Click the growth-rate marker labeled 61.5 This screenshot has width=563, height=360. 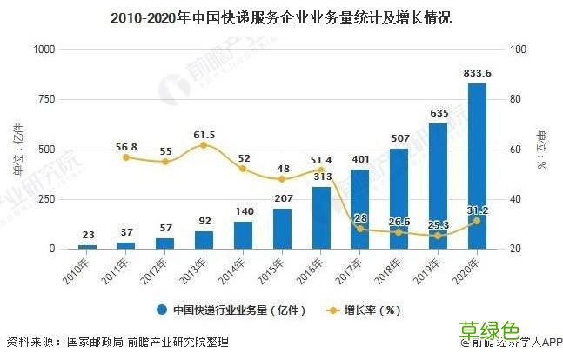204,145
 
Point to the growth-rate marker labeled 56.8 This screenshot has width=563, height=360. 126,157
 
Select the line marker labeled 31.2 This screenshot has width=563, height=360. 477,221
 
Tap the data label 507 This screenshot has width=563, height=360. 399,137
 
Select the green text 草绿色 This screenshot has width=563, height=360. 489,330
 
